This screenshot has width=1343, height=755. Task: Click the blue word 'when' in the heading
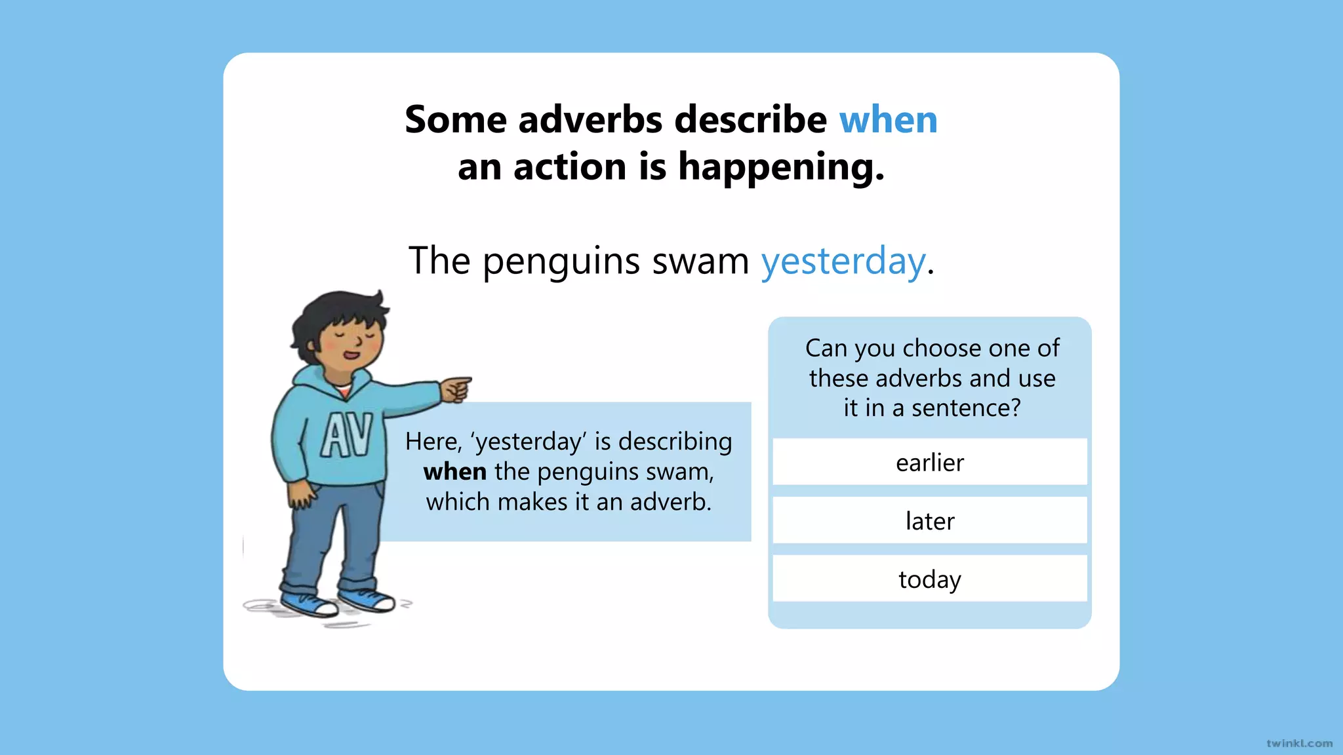(x=889, y=120)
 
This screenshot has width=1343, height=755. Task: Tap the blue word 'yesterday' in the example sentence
(x=843, y=261)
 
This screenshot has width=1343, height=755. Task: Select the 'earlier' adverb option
(x=930, y=463)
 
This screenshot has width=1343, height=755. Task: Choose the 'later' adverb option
(x=930, y=521)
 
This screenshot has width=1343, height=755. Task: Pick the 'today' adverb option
(x=930, y=579)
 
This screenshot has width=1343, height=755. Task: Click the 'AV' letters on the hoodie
(x=346, y=435)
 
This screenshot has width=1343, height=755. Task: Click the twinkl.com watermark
(x=1299, y=743)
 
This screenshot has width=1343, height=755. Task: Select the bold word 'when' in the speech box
(x=455, y=472)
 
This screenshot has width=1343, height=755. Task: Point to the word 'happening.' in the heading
(x=781, y=167)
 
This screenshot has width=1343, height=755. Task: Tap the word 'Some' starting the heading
(x=456, y=120)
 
